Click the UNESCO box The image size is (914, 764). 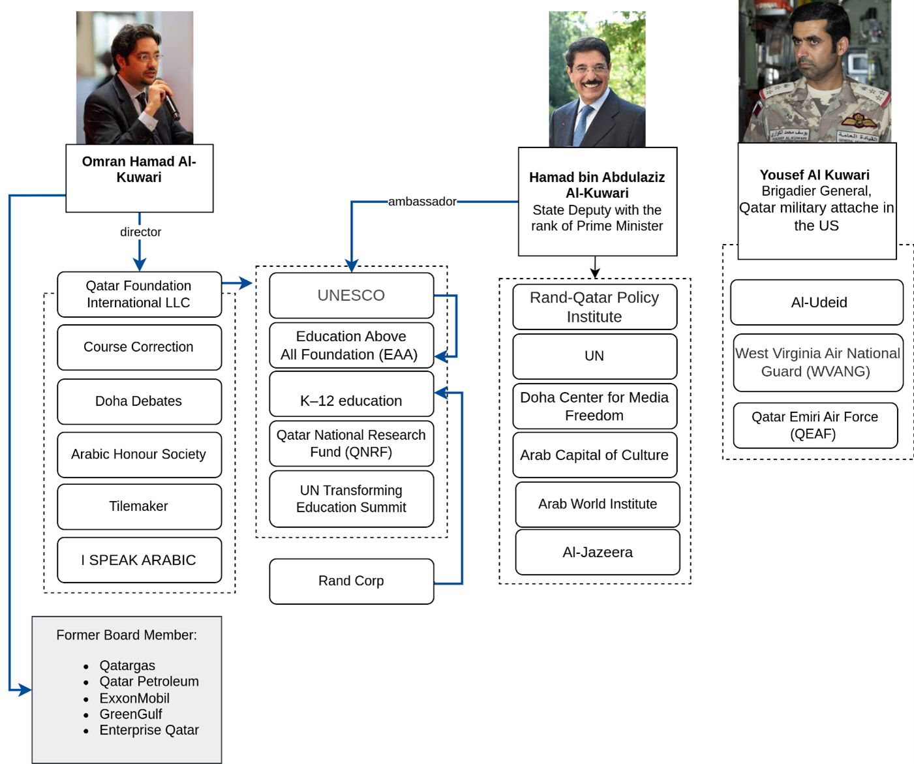(x=351, y=296)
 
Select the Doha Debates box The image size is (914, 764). (x=139, y=401)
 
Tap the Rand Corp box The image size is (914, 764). (x=351, y=581)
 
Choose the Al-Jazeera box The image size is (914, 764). (x=597, y=552)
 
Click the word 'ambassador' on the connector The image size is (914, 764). (x=422, y=202)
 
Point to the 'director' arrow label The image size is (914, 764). (x=140, y=232)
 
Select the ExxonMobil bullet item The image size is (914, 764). (x=134, y=698)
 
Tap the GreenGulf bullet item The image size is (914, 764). (x=130, y=714)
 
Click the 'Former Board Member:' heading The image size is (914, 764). (x=127, y=635)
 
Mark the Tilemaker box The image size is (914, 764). (x=139, y=506)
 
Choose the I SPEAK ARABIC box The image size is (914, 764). (x=139, y=560)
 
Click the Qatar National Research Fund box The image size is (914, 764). (x=351, y=444)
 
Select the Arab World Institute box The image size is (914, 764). (x=597, y=504)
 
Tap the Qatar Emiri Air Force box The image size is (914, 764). (x=815, y=425)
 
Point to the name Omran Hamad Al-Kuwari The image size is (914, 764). (x=139, y=170)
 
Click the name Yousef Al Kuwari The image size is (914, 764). (x=815, y=175)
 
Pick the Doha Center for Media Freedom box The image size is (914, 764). (x=594, y=406)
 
